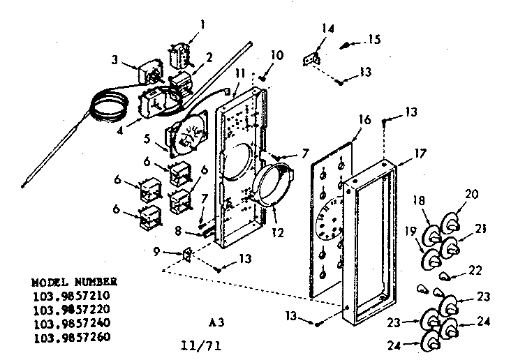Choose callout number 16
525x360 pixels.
[365, 121]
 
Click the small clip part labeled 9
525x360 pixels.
[186, 255]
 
